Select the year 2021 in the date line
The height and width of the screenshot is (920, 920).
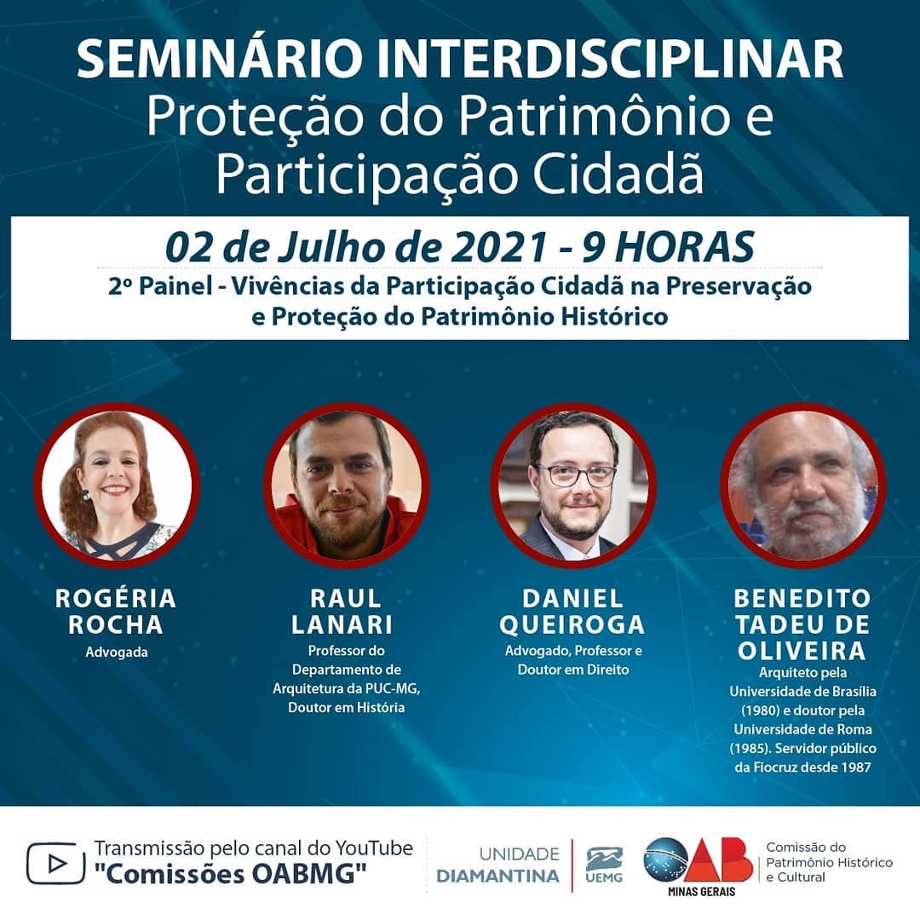tap(498, 247)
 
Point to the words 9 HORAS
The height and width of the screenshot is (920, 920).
tap(668, 247)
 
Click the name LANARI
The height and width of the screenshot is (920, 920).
tap(342, 625)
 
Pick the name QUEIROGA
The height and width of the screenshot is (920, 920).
tap(572, 625)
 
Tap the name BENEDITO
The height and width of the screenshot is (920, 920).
tap(802, 599)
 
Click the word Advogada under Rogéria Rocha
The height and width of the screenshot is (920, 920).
tap(117, 652)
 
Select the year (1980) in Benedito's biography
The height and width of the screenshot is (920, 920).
tap(760, 710)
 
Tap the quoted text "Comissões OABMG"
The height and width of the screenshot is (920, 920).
tap(231, 874)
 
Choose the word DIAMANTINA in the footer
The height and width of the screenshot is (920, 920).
tap(498, 876)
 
